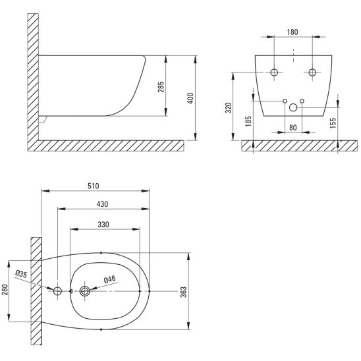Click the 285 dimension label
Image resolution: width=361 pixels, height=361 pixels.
pos(161,87)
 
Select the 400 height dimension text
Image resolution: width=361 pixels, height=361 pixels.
pos(190,98)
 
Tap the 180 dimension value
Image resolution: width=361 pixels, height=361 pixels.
pos(292,32)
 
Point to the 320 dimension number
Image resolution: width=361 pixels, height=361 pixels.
pos(229,108)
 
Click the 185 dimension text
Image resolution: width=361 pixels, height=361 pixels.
pos(248,121)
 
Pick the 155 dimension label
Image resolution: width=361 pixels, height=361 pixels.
pos(333,123)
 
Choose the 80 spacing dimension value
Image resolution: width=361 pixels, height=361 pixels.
pos(293,128)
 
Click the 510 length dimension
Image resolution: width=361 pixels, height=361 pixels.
pos(94,186)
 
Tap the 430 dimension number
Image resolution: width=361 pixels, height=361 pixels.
pos(103,204)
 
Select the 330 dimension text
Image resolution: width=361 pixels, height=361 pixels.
pos(103,224)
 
